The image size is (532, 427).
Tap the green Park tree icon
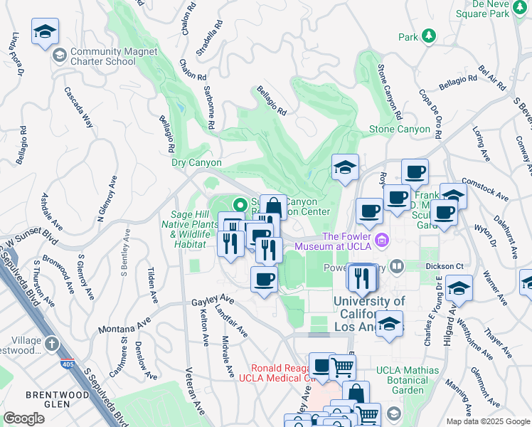click(428, 36)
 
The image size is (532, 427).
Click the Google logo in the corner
click(23, 418)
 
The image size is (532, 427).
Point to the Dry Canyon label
click(197, 162)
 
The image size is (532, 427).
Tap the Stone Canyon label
click(399, 130)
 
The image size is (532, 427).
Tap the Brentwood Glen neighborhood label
click(48, 399)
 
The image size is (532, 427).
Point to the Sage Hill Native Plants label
click(195, 230)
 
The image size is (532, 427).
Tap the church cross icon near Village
click(51, 344)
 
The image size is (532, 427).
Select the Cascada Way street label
click(79, 107)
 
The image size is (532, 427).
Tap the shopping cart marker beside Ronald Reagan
click(343, 367)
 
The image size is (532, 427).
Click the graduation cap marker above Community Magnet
click(45, 31)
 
